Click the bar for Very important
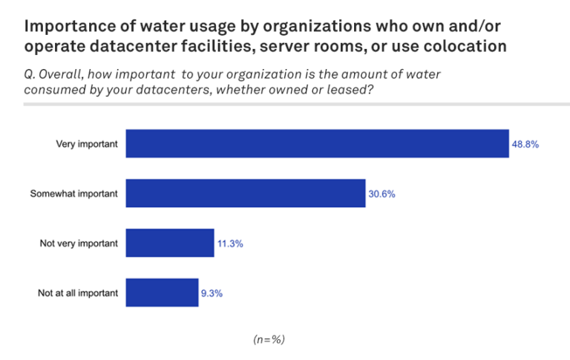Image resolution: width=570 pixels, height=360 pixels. pyautogui.click(x=317, y=144)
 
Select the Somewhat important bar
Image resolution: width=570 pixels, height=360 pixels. pyautogui.click(x=245, y=193)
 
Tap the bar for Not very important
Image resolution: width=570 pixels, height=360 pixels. pyautogui.click(x=170, y=243)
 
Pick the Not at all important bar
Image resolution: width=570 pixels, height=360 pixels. pyautogui.click(x=162, y=292)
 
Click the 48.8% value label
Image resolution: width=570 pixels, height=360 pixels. pyautogui.click(x=525, y=144)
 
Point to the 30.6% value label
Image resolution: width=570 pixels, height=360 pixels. pyautogui.click(x=381, y=194)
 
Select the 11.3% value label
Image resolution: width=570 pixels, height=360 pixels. pyautogui.click(x=230, y=243)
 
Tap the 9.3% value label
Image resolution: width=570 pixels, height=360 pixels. pyautogui.click(x=212, y=292)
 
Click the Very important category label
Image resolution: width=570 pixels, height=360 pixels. pyautogui.click(x=87, y=144)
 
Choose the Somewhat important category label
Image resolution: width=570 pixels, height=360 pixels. pyautogui.click(x=73, y=194)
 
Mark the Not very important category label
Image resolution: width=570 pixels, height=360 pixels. pyautogui.click(x=77, y=243)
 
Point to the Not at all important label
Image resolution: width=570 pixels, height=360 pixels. pyautogui.click(x=77, y=292)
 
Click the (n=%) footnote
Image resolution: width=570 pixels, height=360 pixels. pyautogui.click(x=269, y=339)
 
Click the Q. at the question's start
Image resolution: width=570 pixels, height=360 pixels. pyautogui.click(x=32, y=74)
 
